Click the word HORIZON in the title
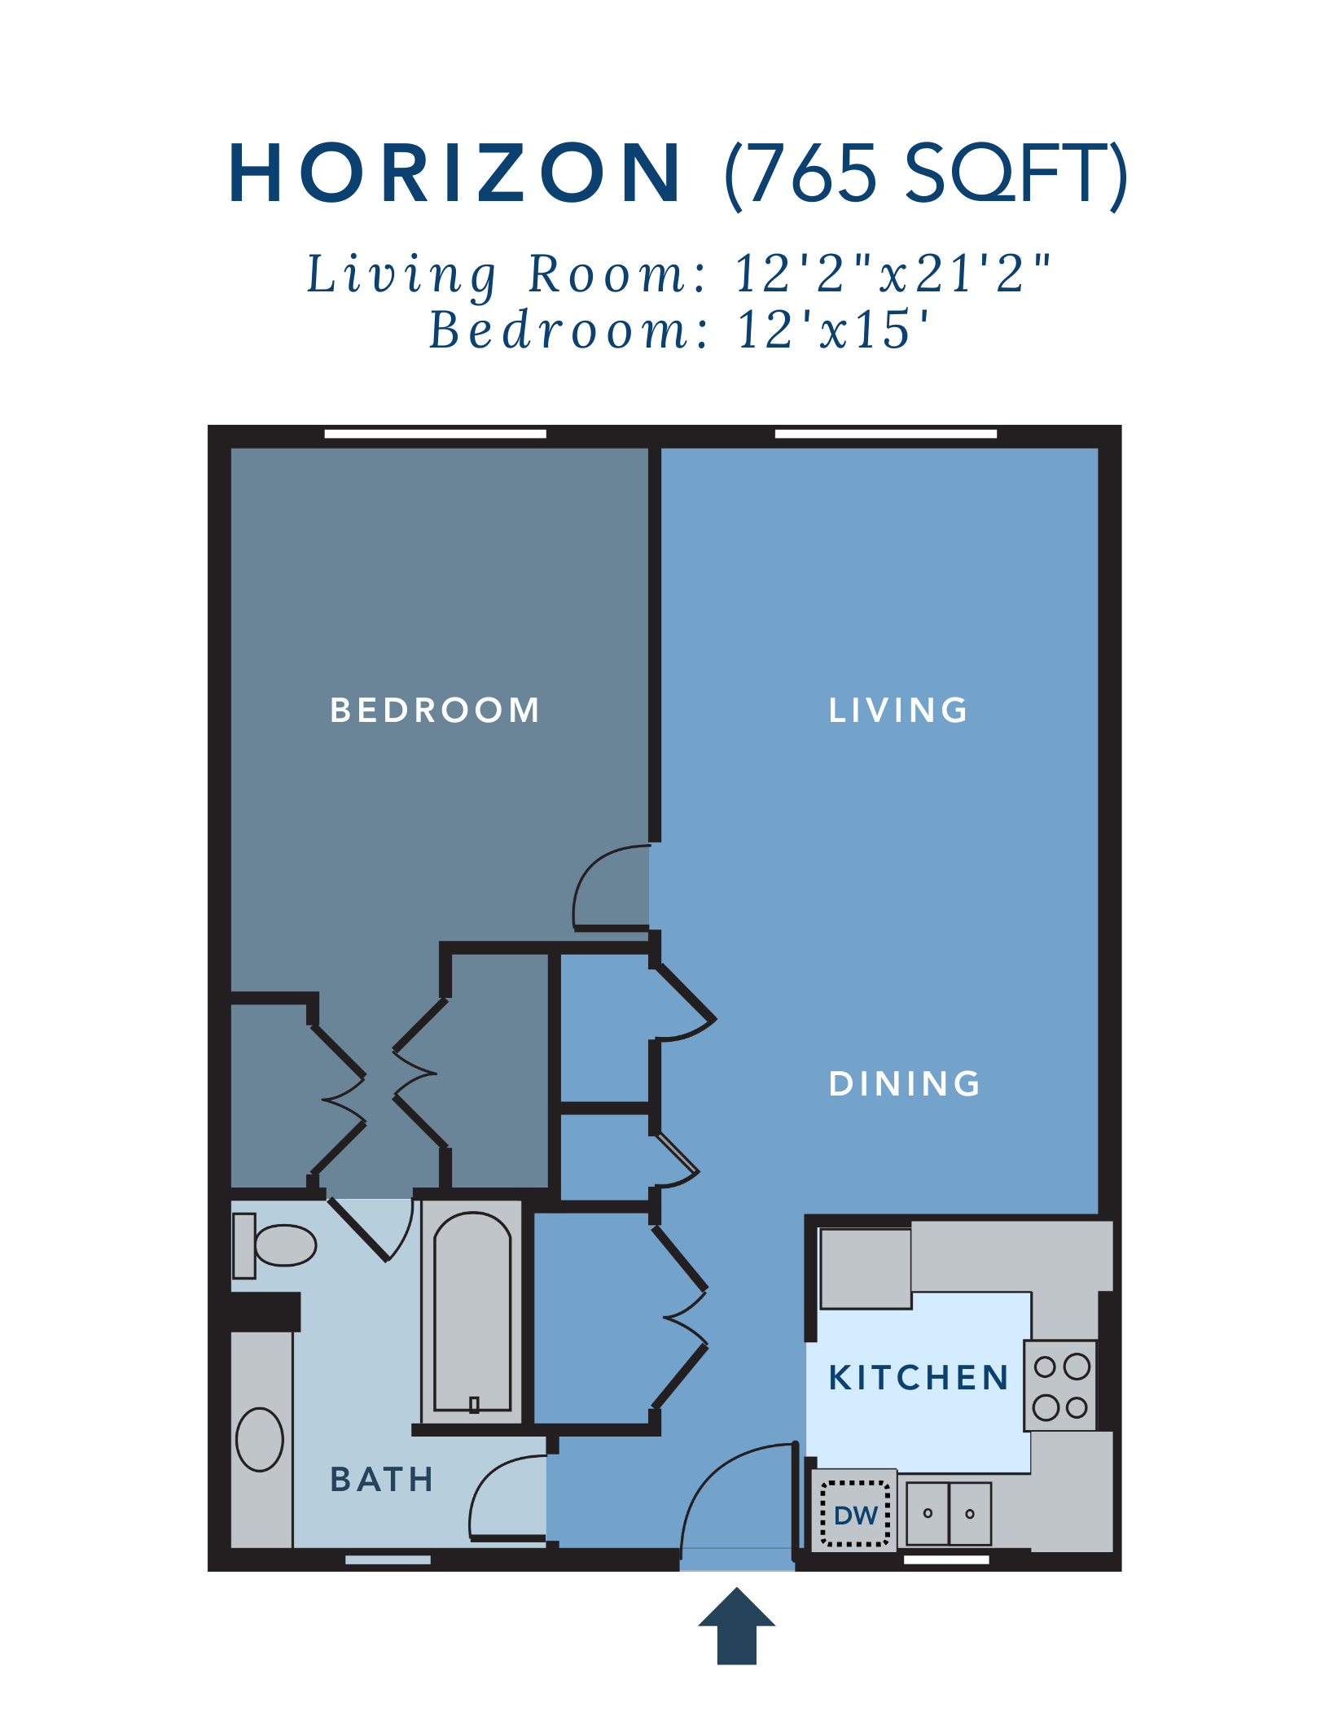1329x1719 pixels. (x=454, y=173)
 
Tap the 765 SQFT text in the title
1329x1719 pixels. (x=926, y=173)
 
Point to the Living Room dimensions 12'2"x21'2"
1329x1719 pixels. (x=893, y=273)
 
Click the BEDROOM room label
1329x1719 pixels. (x=435, y=711)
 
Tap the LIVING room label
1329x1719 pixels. (x=898, y=711)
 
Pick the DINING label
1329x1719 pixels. (x=904, y=1083)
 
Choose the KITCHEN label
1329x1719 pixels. (x=919, y=1378)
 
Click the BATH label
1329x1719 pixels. (x=382, y=1480)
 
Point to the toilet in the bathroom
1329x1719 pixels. (x=275, y=1245)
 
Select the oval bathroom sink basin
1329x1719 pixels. (x=260, y=1439)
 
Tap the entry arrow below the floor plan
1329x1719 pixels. (x=737, y=1627)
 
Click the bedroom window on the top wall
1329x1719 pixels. (x=435, y=434)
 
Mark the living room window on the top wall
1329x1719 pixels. (x=885, y=434)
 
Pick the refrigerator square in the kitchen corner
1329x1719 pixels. (x=865, y=1268)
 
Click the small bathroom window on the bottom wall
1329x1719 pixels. (x=388, y=1559)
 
